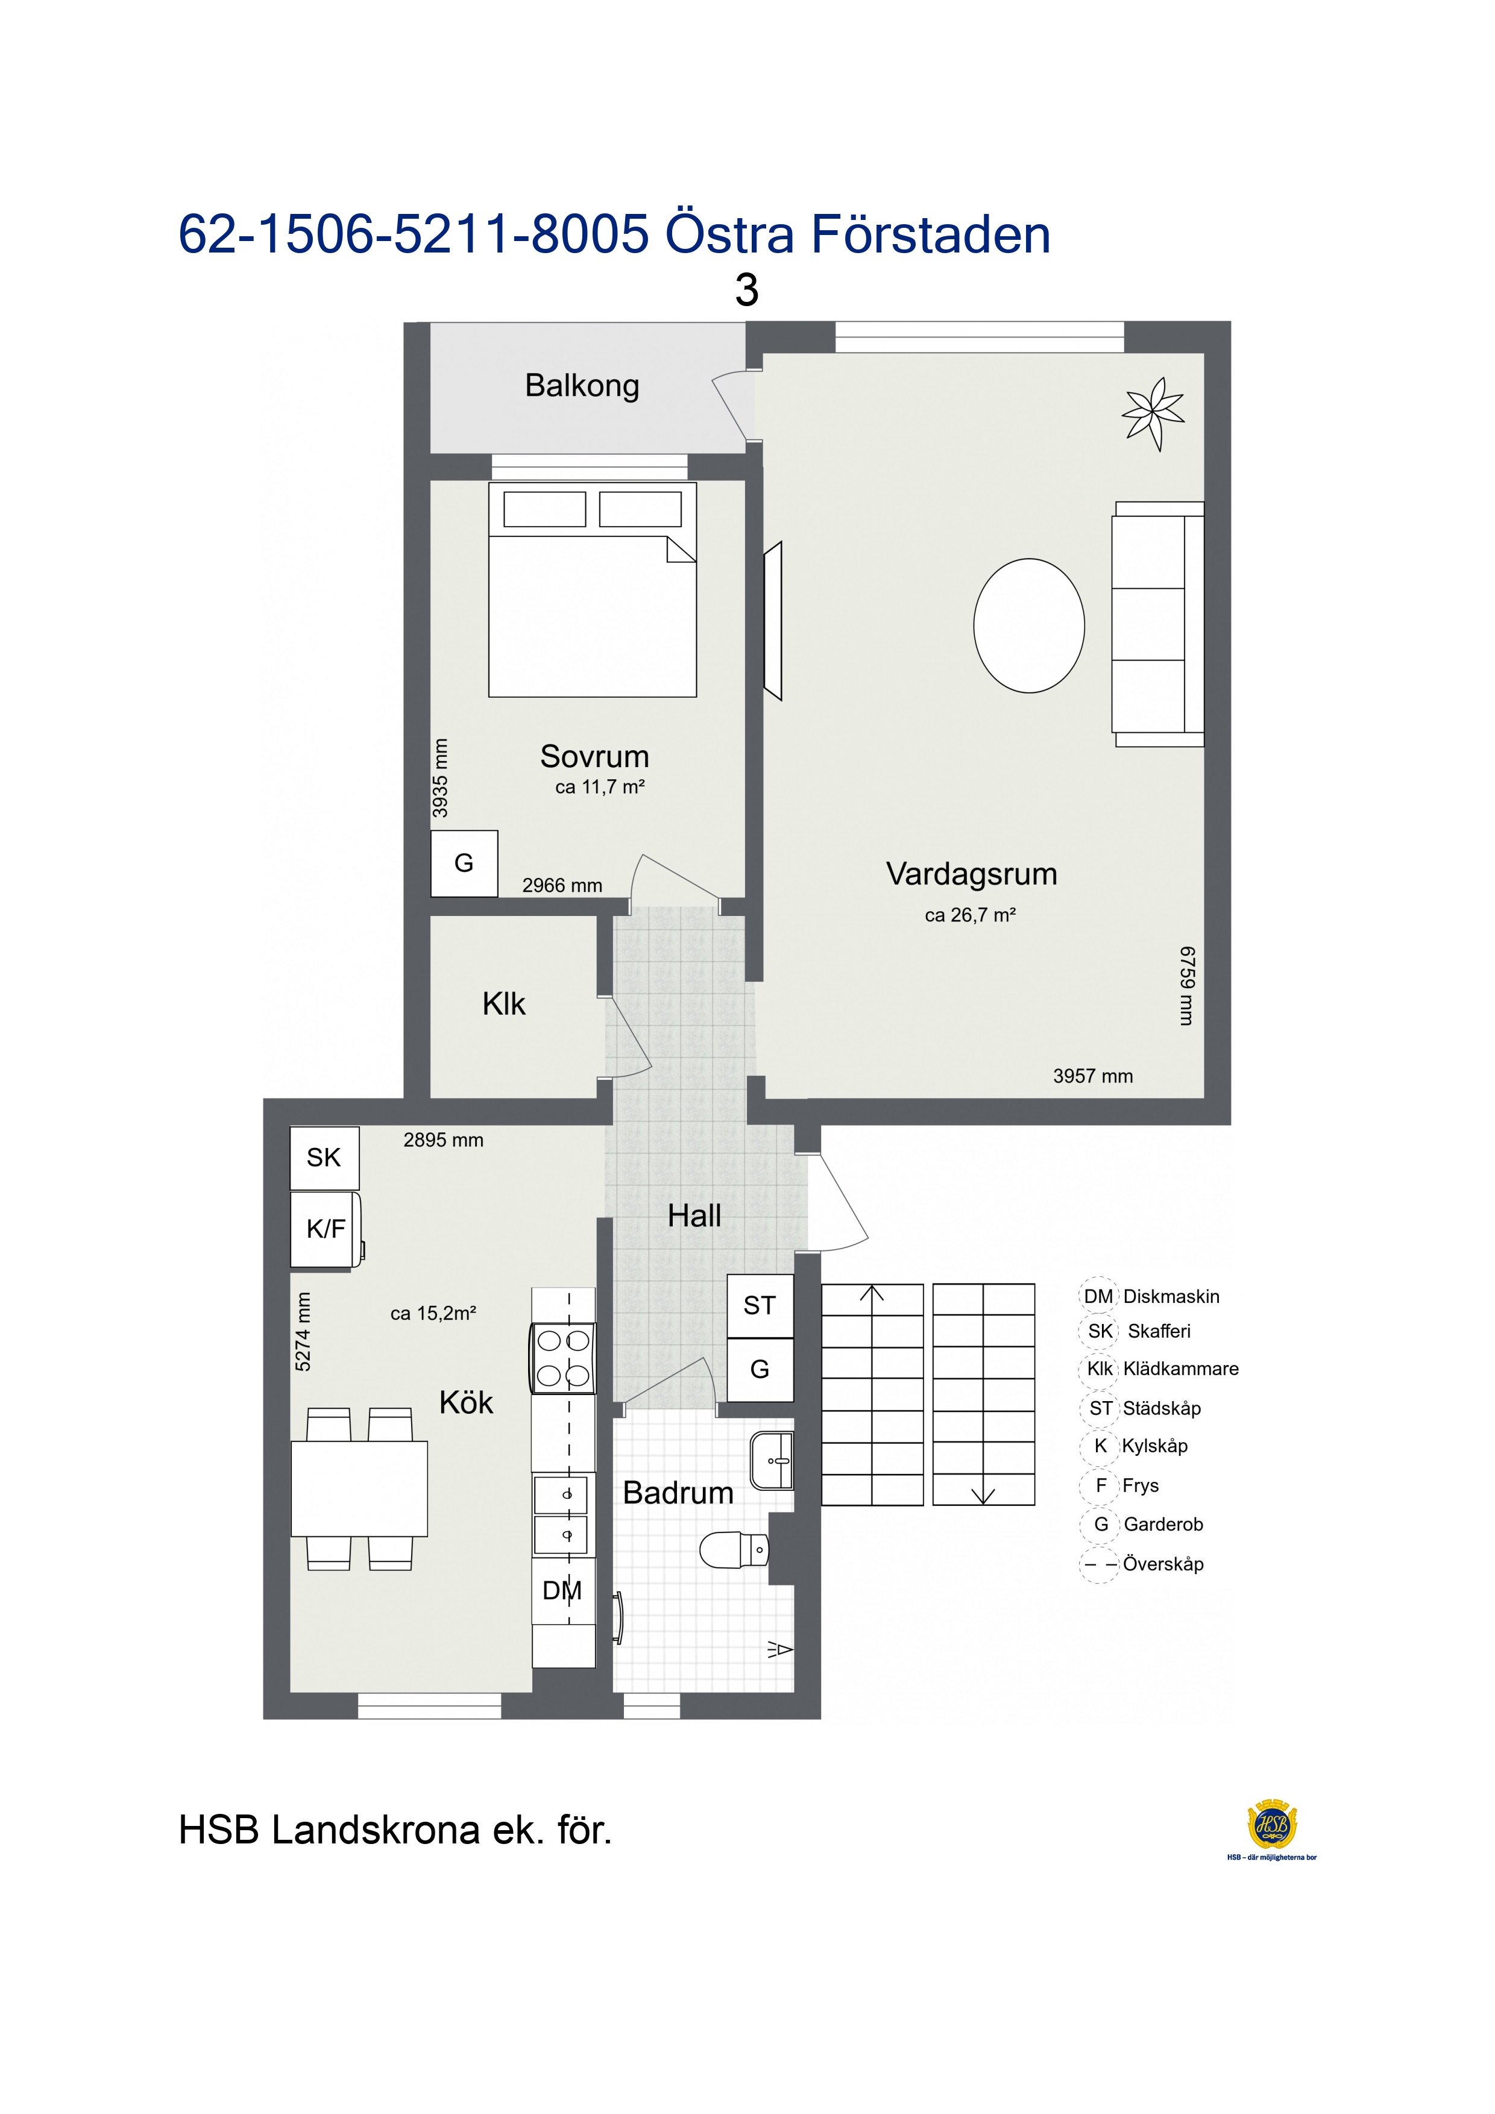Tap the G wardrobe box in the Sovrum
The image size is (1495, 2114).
point(464,864)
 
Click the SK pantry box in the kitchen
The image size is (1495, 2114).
point(324,1158)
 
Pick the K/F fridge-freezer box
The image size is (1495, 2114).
point(326,1229)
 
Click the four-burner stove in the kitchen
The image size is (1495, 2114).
point(563,1358)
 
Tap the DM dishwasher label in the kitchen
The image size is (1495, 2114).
point(562,1590)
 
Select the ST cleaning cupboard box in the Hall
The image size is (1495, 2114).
point(760,1306)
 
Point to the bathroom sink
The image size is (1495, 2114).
point(772,1460)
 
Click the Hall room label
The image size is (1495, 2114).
point(694,1216)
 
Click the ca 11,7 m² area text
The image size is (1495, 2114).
point(600,787)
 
